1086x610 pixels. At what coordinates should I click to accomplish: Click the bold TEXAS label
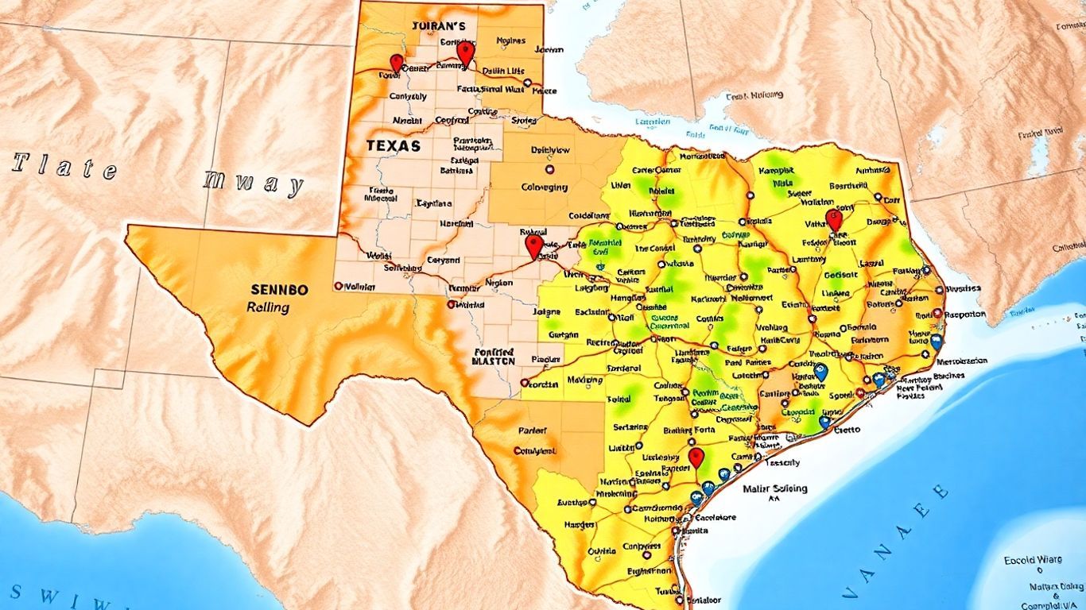tap(394, 146)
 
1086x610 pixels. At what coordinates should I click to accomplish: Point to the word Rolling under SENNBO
tap(268, 307)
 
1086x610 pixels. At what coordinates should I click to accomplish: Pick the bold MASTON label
tap(493, 360)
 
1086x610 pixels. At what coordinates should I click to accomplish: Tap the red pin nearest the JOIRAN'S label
tap(465, 53)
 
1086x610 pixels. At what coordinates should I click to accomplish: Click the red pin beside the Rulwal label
tap(534, 246)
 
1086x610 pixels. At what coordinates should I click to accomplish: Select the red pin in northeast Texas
tap(833, 219)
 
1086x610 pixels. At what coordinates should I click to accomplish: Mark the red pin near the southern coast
tap(696, 457)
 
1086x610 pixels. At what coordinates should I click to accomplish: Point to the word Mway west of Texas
tap(254, 183)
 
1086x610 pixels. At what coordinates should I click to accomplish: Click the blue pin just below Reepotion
tap(937, 342)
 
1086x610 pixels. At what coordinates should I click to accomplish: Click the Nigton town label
tap(499, 282)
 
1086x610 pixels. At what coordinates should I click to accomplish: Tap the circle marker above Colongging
tap(548, 169)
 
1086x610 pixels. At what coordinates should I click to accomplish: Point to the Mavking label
tap(584, 380)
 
